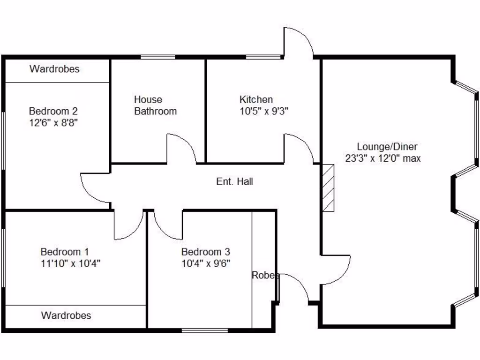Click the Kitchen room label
tap(256, 99)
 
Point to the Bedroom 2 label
tap(53, 111)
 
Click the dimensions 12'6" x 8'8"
tap(53, 123)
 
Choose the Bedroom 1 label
tap(65, 252)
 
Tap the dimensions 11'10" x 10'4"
tap(70, 263)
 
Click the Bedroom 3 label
tap(206, 252)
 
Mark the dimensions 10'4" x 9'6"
tap(206, 263)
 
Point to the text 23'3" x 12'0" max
tap(383, 158)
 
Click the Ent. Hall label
tap(234, 181)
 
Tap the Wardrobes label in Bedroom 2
tap(54, 69)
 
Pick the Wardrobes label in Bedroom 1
tap(66, 315)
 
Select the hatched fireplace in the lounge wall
tap(328, 188)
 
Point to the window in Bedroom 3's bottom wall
tap(205, 330)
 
